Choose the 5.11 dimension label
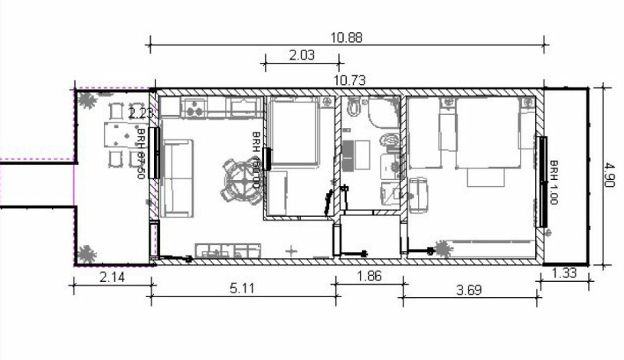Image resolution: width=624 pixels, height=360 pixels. click(x=243, y=289)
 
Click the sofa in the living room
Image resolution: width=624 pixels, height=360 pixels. click(x=177, y=178)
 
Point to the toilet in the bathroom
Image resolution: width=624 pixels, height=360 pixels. click(x=389, y=141)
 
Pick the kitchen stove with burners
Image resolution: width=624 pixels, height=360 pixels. click(x=193, y=108)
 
